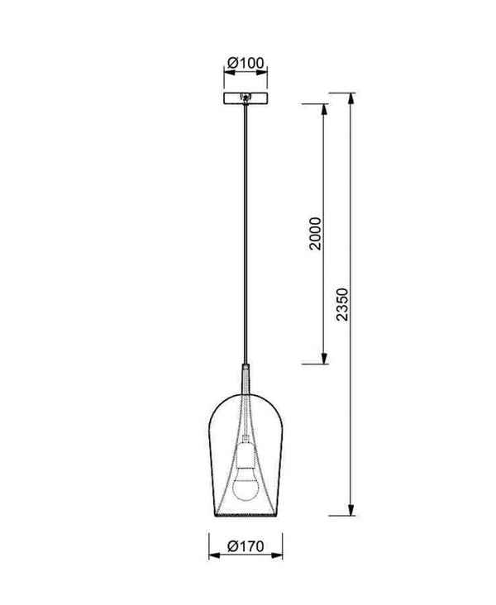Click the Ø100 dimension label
point(246,63)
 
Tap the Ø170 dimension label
point(246,546)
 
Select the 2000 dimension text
point(315,234)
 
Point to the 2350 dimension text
point(342,304)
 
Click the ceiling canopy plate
point(246,98)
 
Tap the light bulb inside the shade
point(246,485)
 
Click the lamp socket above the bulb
point(246,452)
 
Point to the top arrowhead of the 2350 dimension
point(351,99)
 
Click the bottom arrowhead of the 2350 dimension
point(351,509)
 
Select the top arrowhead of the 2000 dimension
point(324,110)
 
